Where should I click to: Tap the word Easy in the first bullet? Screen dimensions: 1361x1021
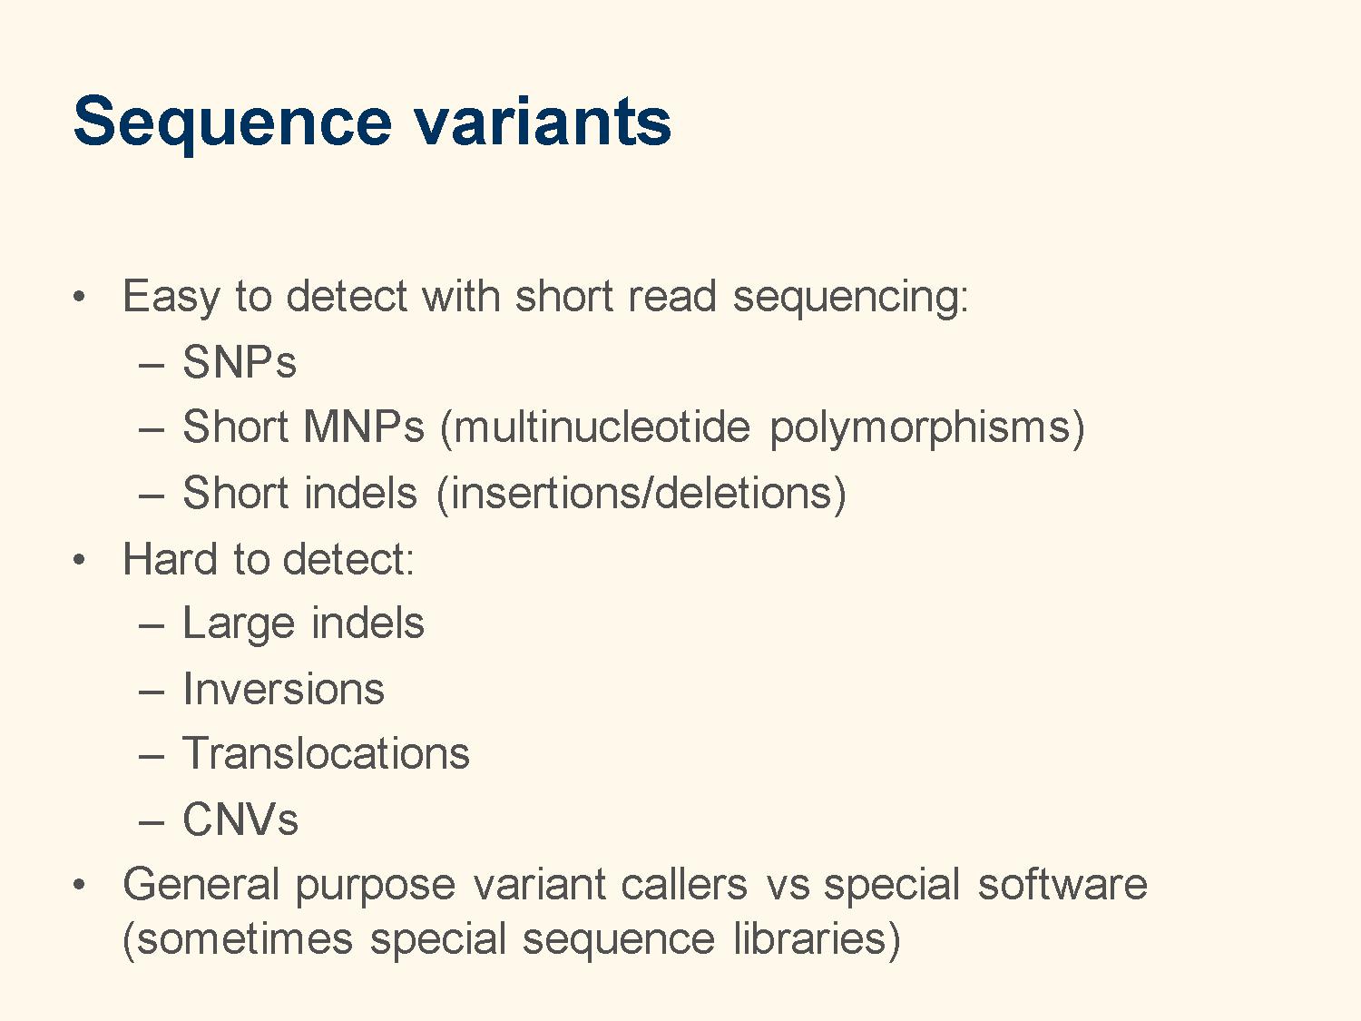pos(171,298)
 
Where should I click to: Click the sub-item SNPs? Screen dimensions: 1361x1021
pos(240,362)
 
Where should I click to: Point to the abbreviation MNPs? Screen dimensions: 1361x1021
pos(364,427)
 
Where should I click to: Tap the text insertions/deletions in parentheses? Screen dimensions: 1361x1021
pos(641,494)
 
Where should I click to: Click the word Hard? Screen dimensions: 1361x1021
pos(170,559)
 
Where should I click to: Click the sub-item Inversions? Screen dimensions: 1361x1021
pos(283,690)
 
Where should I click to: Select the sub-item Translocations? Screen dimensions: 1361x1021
pos(326,754)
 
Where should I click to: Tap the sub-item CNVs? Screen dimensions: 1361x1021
pos(240,820)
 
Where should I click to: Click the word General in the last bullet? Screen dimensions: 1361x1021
pos(201,885)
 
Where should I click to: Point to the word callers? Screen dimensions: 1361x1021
pos(684,885)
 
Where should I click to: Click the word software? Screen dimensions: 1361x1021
pos(1062,885)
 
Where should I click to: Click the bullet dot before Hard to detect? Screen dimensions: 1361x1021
pos(79,560)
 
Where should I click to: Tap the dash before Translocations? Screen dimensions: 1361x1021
pos(152,758)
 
